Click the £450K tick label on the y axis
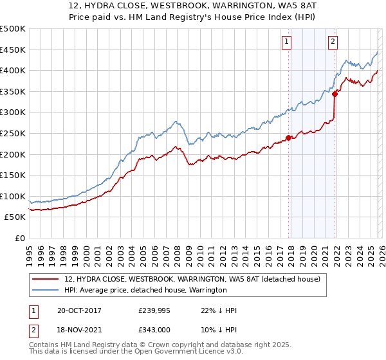click(13, 50)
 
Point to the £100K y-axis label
click(13, 196)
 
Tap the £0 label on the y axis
click(19, 238)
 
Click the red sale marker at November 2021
click(335, 94)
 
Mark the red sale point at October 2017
click(288, 137)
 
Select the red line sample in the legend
click(46, 279)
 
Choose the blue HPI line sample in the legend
click(46, 290)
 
